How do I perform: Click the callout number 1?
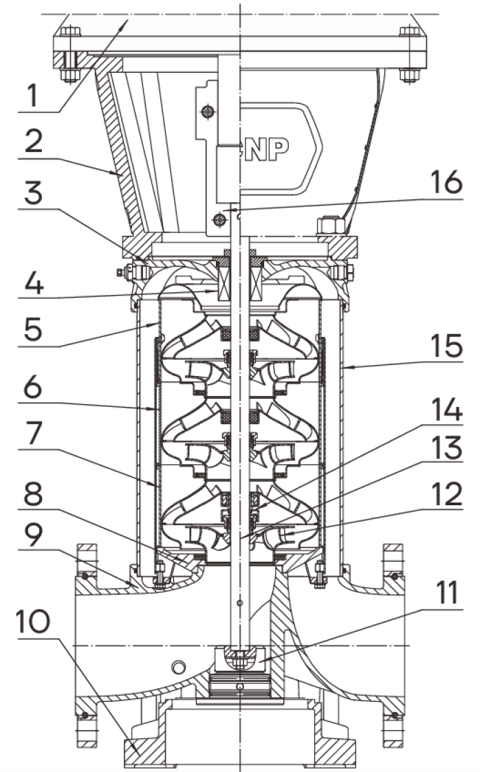coord(32,96)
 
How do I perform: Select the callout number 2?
coord(34,142)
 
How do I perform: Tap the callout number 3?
coord(34,192)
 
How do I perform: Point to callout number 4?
coord(34,284)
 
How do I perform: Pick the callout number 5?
coord(34,329)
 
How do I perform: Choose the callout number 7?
coord(34,434)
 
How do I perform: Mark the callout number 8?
coord(34,494)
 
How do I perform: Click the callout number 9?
coord(34,536)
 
